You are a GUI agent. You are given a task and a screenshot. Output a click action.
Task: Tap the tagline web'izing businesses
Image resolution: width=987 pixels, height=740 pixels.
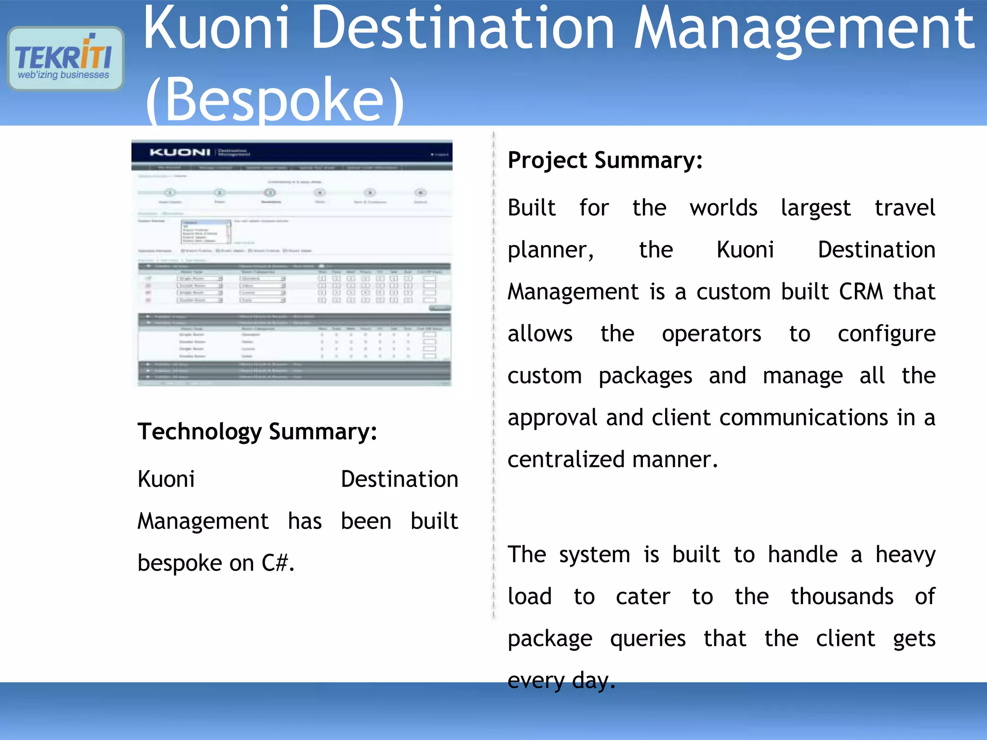click(x=64, y=75)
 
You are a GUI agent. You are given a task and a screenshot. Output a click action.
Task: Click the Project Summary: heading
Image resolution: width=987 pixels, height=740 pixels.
click(x=605, y=160)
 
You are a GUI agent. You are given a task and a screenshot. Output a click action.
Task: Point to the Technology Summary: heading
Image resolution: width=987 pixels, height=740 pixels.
click(x=257, y=432)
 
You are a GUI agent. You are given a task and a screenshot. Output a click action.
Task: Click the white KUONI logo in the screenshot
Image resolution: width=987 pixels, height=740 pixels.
click(x=180, y=153)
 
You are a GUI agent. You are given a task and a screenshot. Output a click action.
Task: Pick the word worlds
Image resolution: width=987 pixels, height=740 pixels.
click(x=723, y=208)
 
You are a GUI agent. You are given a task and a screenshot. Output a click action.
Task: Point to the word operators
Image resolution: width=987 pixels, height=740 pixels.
click(x=711, y=334)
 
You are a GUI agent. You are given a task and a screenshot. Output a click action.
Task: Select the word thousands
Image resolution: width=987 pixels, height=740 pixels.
click(x=842, y=596)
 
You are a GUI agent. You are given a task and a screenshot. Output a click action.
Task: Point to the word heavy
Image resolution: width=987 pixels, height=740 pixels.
click(x=905, y=555)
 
